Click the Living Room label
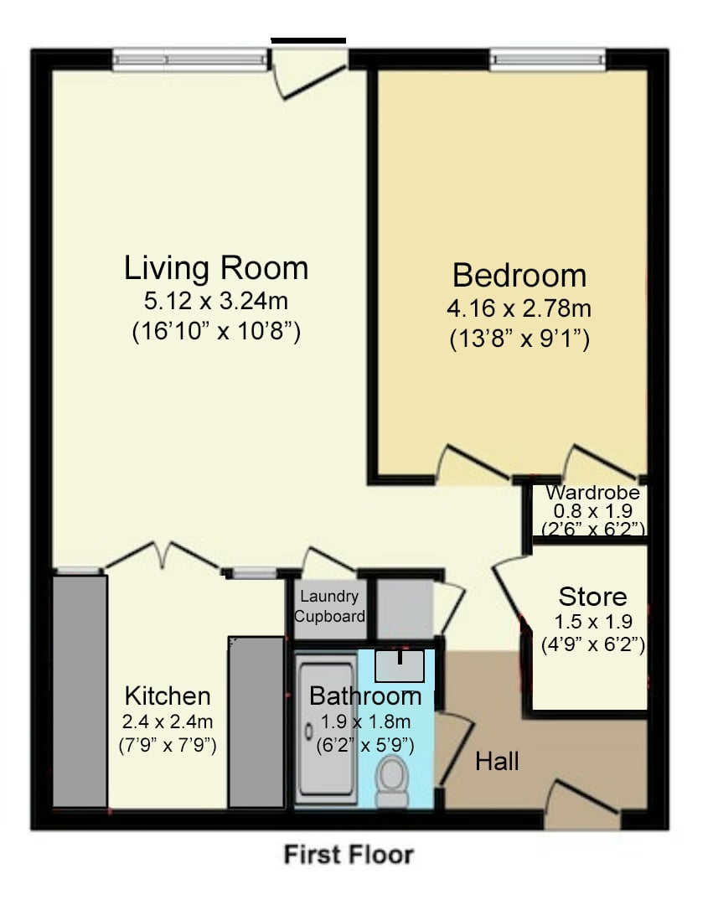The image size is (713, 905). (x=216, y=268)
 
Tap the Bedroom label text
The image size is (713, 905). (x=519, y=276)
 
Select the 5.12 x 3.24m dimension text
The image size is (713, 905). (x=216, y=301)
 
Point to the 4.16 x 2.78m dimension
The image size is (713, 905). (x=519, y=308)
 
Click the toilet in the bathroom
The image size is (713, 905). (x=391, y=782)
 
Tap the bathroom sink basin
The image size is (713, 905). (x=400, y=666)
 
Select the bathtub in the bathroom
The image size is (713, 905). (x=326, y=729)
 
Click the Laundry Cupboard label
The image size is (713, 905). (x=329, y=606)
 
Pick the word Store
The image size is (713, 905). (x=592, y=597)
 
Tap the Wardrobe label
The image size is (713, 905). (x=592, y=493)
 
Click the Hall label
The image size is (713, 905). (x=497, y=761)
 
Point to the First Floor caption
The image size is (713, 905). (x=349, y=854)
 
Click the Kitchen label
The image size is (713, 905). (x=168, y=696)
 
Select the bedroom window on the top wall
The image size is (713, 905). (x=547, y=59)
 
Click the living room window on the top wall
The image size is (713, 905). (x=190, y=59)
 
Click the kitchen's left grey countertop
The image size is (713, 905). (x=80, y=690)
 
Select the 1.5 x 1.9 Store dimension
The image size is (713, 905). (x=593, y=622)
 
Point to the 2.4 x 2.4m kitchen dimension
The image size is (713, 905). (x=168, y=721)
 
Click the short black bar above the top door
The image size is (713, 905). (x=308, y=40)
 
